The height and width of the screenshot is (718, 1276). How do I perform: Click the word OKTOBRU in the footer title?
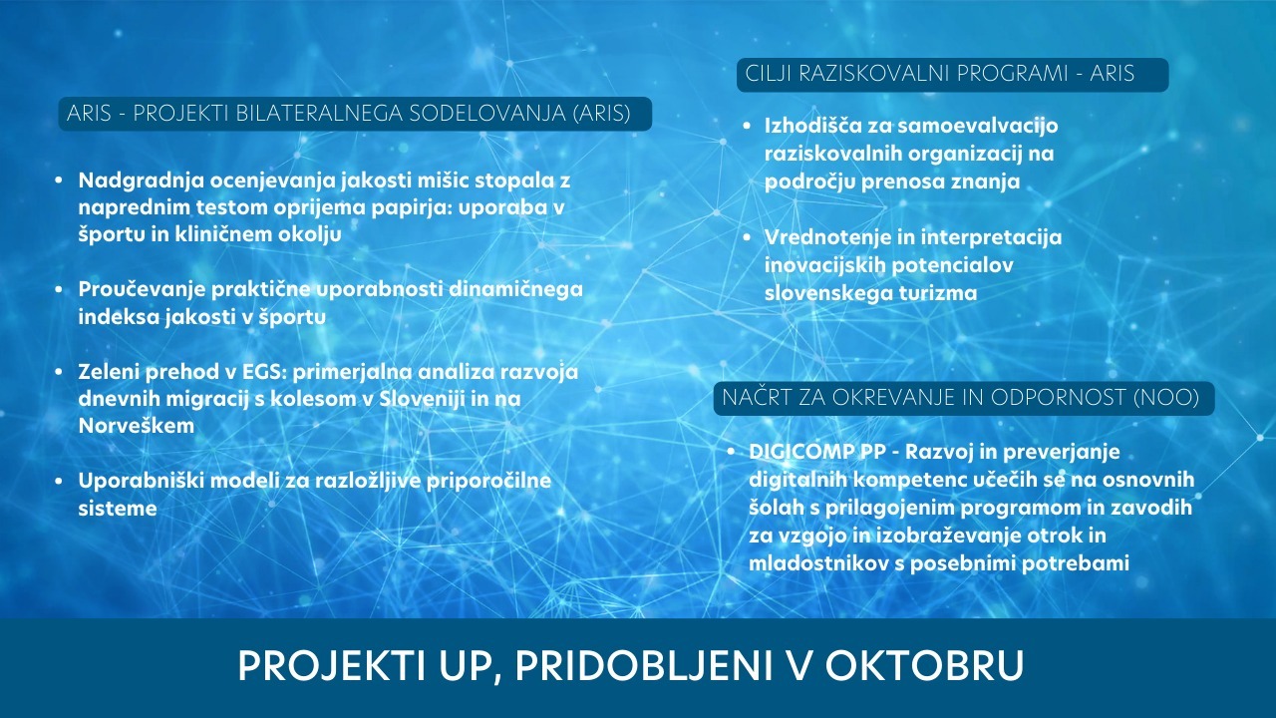pos(924,665)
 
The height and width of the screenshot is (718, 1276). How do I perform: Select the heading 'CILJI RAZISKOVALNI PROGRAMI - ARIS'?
pos(940,74)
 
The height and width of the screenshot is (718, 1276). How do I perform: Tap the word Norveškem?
pos(137,426)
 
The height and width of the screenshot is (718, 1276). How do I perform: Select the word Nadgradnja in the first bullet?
pos(142,180)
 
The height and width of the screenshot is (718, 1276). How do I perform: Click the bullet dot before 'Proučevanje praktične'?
pos(59,289)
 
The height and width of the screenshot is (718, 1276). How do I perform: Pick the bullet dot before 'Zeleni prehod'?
pos(59,372)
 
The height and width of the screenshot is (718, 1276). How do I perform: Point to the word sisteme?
pos(118,509)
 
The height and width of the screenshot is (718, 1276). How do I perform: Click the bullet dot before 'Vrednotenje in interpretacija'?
pos(748,237)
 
